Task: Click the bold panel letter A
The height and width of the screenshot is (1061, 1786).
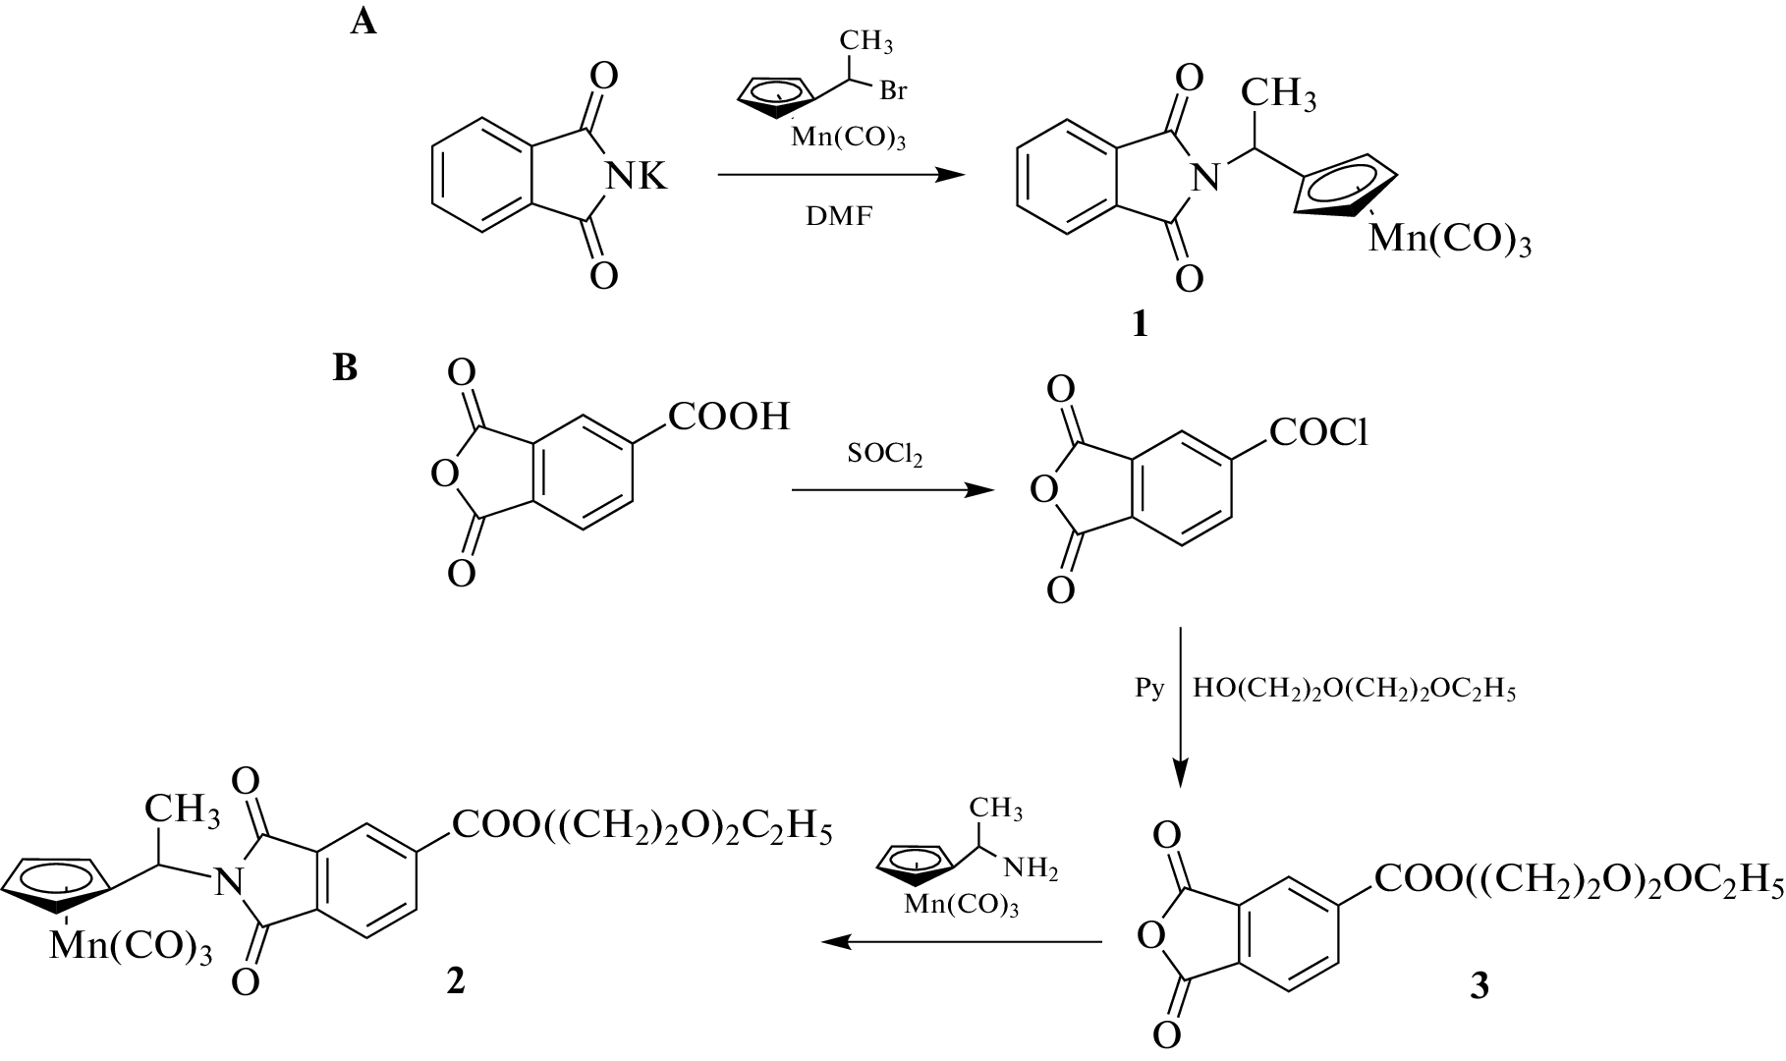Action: tap(363, 22)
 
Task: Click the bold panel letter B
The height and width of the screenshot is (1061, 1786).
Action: tap(345, 368)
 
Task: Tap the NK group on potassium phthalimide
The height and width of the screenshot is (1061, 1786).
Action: tap(636, 178)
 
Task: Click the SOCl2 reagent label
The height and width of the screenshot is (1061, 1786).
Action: tap(884, 455)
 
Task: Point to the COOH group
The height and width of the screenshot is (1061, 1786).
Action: tap(730, 417)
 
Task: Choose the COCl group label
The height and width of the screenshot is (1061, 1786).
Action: tap(1318, 431)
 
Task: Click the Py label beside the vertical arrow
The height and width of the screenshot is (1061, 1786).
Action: tap(1149, 689)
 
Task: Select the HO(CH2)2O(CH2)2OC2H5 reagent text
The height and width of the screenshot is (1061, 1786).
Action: tap(1355, 690)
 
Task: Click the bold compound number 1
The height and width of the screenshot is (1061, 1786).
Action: tap(1140, 325)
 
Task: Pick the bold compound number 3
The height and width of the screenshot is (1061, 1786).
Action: tap(1479, 985)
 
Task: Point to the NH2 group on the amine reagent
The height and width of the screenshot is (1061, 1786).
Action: tap(1031, 869)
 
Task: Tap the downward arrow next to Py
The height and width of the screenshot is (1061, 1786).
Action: tap(1180, 707)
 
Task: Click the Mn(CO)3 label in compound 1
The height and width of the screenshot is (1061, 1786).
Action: tap(1450, 240)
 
